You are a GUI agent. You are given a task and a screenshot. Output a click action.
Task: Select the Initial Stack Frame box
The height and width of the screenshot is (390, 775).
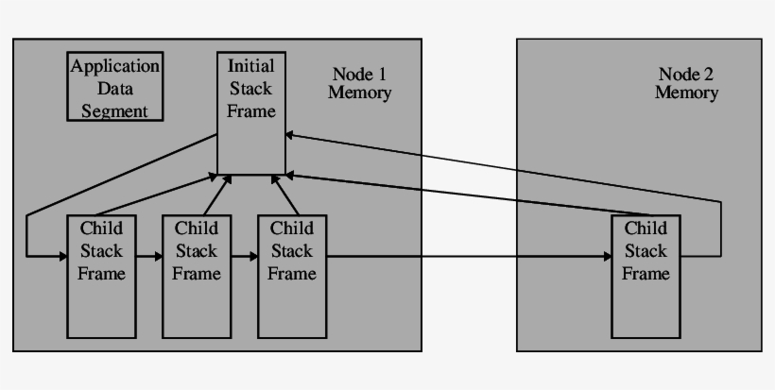(x=250, y=113)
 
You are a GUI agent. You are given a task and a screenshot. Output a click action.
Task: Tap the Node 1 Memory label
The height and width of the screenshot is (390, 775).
(x=359, y=84)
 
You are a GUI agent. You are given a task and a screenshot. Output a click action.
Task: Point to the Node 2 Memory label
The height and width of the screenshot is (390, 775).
(x=686, y=84)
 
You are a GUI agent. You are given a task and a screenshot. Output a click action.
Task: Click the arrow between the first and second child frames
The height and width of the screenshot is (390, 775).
(x=148, y=256)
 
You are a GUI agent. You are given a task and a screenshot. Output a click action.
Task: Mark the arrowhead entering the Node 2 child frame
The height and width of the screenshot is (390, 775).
(x=606, y=256)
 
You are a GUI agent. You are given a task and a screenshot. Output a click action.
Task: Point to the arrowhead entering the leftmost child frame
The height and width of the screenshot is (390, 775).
(x=61, y=256)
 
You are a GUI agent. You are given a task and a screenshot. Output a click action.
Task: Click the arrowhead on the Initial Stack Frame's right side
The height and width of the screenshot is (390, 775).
(x=290, y=135)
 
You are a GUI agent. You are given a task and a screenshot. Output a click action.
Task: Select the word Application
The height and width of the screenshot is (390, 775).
(x=114, y=67)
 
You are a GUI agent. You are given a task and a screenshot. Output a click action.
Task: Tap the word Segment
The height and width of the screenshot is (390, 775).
(x=114, y=110)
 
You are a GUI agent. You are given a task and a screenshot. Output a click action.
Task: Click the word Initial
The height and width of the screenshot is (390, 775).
(x=250, y=66)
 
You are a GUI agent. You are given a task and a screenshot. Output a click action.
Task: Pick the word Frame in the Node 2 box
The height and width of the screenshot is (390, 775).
(x=646, y=274)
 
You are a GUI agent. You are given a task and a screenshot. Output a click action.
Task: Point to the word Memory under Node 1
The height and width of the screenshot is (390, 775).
(x=359, y=93)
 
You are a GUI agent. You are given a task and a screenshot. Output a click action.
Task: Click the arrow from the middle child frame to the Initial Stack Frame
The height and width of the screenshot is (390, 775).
(x=216, y=195)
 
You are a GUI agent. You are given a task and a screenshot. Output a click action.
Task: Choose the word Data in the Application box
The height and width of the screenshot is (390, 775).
(x=114, y=89)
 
